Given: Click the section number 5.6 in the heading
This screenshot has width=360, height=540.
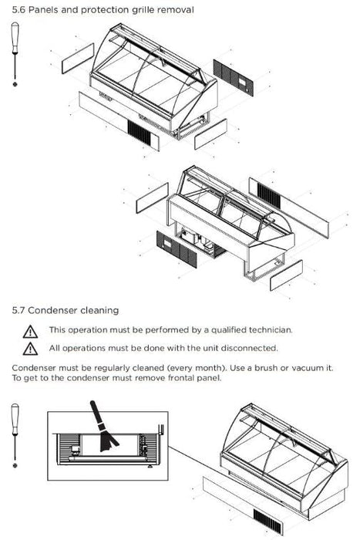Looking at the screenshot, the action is click(x=19, y=10).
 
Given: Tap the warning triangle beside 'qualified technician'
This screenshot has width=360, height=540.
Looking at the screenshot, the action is click(x=30, y=331).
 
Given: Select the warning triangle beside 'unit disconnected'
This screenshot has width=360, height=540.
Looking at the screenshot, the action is click(x=30, y=349).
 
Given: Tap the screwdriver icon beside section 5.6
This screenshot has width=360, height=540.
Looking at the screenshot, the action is click(x=15, y=54).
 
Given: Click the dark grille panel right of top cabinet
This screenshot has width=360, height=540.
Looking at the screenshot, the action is click(x=233, y=78).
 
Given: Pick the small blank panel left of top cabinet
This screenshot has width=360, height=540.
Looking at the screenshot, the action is click(x=78, y=58).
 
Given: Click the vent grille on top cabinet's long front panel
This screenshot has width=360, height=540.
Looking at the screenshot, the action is click(x=139, y=133).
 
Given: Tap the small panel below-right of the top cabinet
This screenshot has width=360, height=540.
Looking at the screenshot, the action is click(x=210, y=134).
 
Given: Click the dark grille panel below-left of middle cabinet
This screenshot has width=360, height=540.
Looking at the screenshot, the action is click(x=177, y=249).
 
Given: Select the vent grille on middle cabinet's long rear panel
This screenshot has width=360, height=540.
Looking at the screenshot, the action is click(x=269, y=195).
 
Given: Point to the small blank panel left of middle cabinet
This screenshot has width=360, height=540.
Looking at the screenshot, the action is click(x=152, y=198).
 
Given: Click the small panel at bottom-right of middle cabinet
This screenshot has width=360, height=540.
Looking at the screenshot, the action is click(x=286, y=275).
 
